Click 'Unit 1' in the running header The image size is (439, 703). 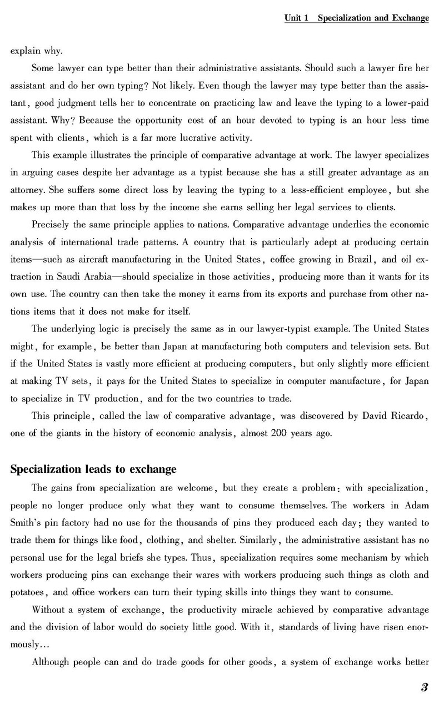point(296,18)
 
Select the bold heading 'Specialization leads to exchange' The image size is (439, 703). point(93,469)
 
